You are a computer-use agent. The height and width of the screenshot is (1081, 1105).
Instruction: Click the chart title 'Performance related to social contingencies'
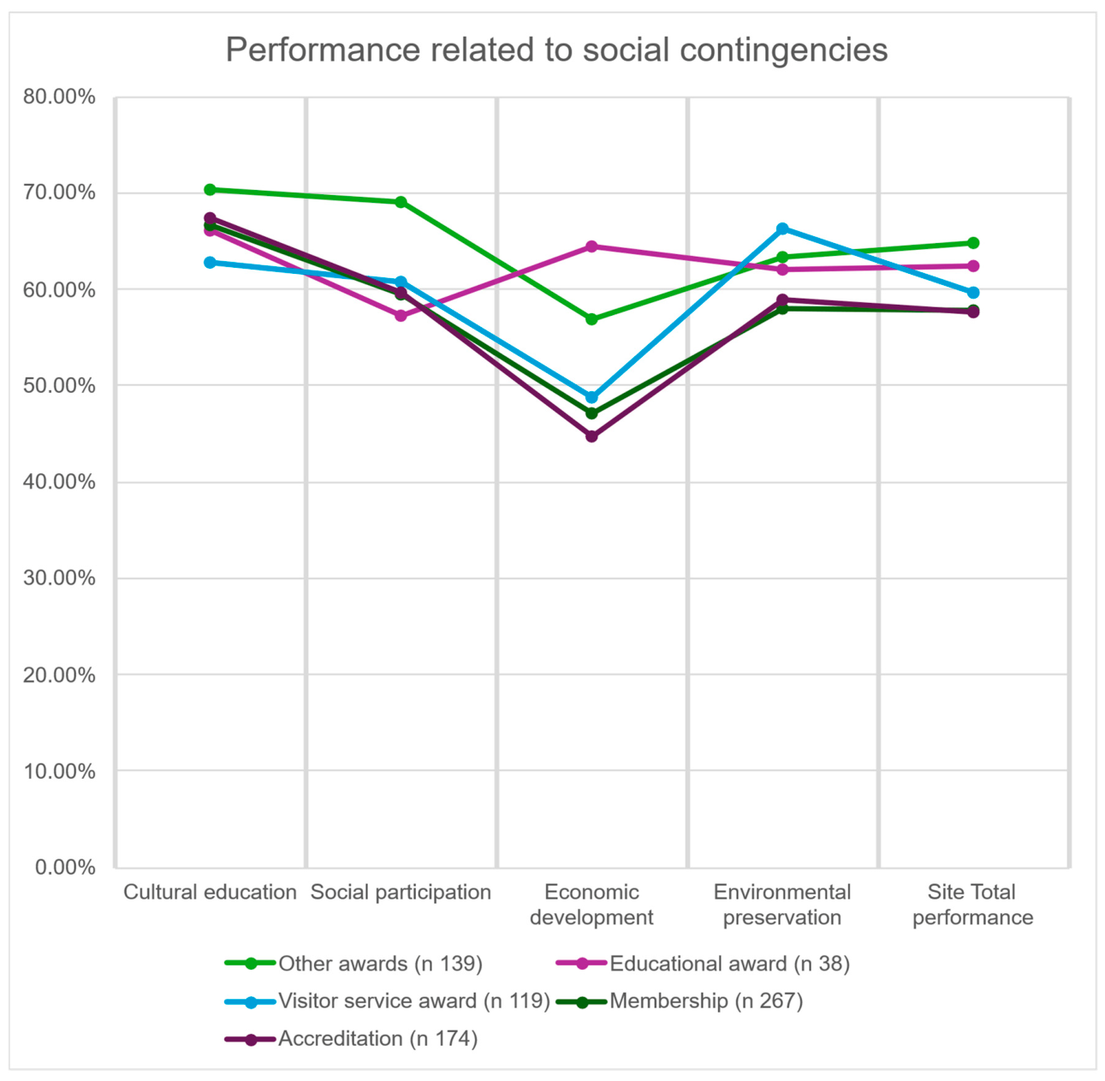pyautogui.click(x=556, y=50)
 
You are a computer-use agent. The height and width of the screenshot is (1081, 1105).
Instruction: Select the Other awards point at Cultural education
pyautogui.click(x=210, y=190)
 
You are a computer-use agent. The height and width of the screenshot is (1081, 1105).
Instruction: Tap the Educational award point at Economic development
pyautogui.click(x=591, y=246)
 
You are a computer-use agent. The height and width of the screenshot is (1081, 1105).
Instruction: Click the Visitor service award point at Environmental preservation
pyautogui.click(x=782, y=229)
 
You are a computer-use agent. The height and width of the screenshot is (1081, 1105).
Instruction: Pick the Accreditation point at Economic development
pyautogui.click(x=591, y=436)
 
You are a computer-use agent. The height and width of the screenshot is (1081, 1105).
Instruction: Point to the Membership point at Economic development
pyautogui.click(x=591, y=413)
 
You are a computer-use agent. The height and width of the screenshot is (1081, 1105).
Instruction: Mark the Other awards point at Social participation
pyautogui.click(x=401, y=202)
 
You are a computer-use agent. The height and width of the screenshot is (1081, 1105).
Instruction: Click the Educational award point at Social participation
pyautogui.click(x=401, y=315)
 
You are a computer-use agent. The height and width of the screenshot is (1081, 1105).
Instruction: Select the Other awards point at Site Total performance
pyautogui.click(x=973, y=243)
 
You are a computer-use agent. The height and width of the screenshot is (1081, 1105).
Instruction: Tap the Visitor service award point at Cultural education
pyautogui.click(x=210, y=262)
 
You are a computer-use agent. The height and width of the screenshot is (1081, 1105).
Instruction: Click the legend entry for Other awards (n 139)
pyautogui.click(x=353, y=964)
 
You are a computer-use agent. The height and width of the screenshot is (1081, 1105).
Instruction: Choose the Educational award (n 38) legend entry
pyautogui.click(x=703, y=964)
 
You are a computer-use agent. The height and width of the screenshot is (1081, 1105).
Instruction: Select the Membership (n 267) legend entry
pyautogui.click(x=680, y=1001)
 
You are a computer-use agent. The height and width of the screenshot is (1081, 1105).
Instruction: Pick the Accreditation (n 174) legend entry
pyautogui.click(x=351, y=1038)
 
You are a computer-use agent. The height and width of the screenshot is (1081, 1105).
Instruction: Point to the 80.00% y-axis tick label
pyautogui.click(x=59, y=97)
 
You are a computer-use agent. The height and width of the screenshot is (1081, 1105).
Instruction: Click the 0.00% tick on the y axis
pyautogui.click(x=65, y=868)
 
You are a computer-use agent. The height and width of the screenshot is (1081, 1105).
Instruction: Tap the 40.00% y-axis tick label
pyautogui.click(x=59, y=482)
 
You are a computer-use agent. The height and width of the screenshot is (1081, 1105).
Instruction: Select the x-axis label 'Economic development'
pyautogui.click(x=591, y=905)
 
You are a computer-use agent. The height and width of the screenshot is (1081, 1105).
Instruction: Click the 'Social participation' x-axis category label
pyautogui.click(x=401, y=893)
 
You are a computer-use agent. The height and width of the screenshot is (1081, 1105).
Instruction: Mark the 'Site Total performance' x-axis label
pyautogui.click(x=972, y=905)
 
